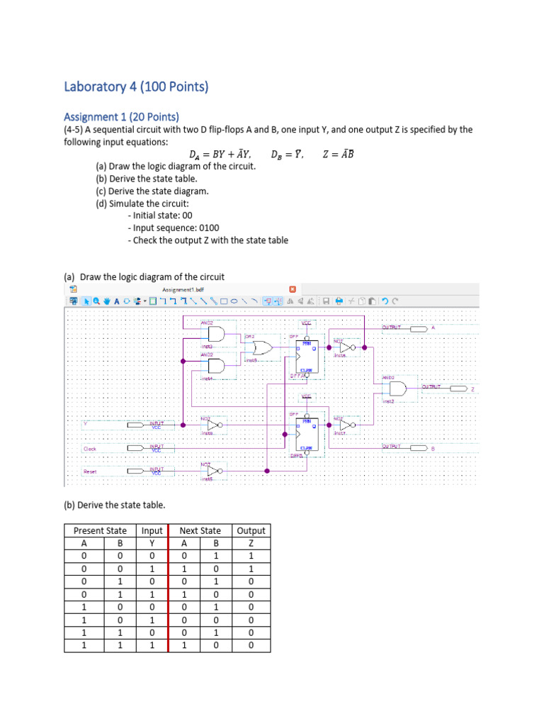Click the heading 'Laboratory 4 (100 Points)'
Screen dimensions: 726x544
coord(136,87)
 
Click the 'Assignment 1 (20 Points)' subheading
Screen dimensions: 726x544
coord(121,116)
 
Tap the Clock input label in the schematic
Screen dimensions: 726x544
coord(90,449)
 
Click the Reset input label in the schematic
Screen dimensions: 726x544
coord(90,471)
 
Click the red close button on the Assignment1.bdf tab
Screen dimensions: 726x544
coord(293,289)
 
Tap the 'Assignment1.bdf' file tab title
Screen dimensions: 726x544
coord(183,289)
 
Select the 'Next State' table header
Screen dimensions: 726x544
coord(200,530)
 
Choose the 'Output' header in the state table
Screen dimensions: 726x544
coord(251,530)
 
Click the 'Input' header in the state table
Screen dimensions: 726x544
coord(152,530)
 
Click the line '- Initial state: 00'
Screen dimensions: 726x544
coord(160,216)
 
